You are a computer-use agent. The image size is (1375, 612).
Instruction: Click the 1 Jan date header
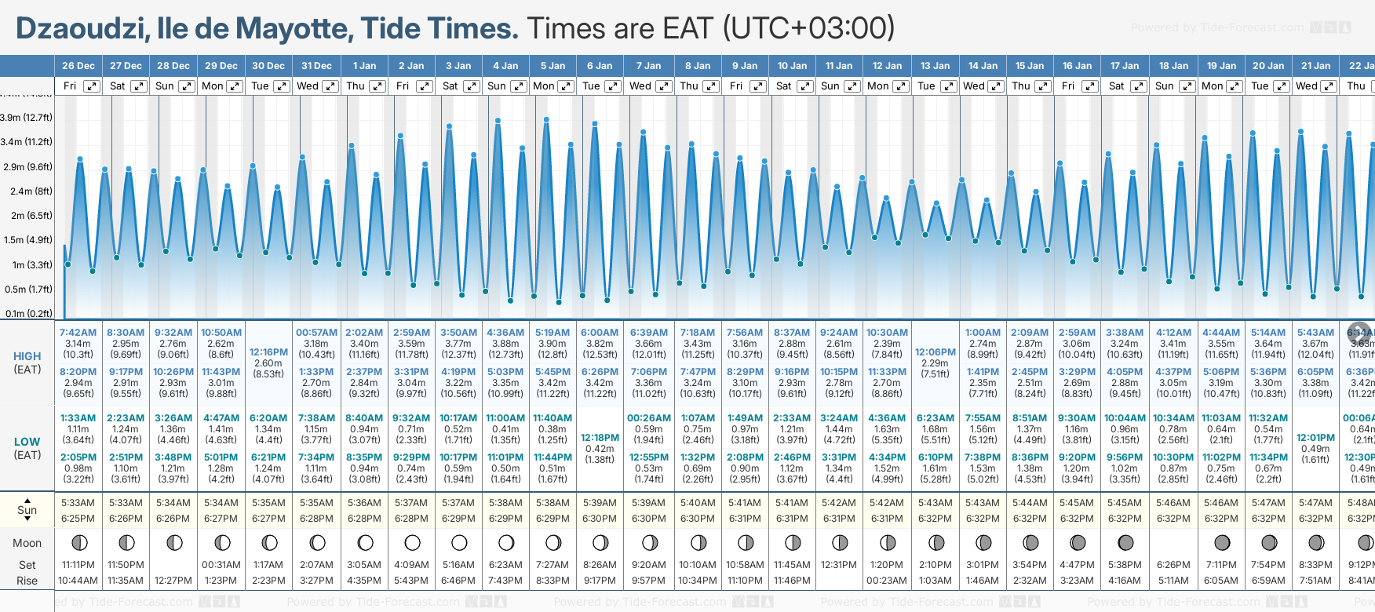(x=364, y=66)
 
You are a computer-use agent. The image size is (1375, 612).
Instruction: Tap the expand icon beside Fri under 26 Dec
(x=92, y=86)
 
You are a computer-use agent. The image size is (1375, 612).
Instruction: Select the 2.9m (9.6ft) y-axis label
(x=27, y=167)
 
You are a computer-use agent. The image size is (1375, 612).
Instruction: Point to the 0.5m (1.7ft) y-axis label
(x=27, y=290)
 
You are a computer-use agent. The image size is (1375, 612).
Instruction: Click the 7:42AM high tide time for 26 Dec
(x=78, y=333)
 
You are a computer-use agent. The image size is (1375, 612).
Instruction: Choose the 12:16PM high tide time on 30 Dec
(x=268, y=352)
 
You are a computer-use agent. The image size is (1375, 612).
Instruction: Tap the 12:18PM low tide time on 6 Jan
(x=600, y=438)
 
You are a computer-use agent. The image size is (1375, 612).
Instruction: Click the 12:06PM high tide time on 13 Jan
(x=936, y=352)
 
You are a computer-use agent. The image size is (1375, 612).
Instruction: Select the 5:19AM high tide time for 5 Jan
(x=553, y=333)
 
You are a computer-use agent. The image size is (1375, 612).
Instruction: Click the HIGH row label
(x=27, y=356)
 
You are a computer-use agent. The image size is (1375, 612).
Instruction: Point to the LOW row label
(x=27, y=442)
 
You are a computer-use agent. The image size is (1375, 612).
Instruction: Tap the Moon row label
(x=27, y=543)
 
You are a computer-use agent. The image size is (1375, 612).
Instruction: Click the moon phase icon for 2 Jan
(x=412, y=542)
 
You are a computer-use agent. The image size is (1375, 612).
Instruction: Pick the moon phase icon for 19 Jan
(x=1222, y=542)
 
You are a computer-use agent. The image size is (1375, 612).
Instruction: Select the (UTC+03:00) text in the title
(x=809, y=29)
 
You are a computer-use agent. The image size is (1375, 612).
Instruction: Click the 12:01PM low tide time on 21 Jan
(x=1315, y=438)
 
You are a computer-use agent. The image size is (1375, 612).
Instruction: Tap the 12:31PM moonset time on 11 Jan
(x=839, y=565)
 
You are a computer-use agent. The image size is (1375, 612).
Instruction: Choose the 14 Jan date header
(x=983, y=66)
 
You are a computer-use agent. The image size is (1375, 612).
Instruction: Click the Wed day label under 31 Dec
(x=308, y=86)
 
